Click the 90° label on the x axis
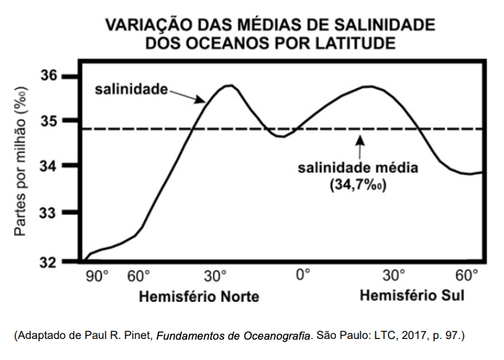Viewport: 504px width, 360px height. click(x=97, y=275)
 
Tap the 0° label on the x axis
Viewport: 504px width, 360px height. click(x=302, y=275)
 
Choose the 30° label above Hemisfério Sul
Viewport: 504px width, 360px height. click(x=393, y=275)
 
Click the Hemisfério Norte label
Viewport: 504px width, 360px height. click(x=199, y=296)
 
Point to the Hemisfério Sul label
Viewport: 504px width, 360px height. click(x=412, y=296)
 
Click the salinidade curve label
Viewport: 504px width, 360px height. click(x=132, y=89)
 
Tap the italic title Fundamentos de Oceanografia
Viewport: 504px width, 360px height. click(x=233, y=335)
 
